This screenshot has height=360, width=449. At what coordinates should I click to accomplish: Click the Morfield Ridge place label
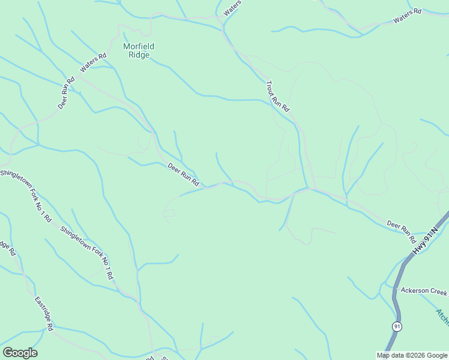[x=136, y=50]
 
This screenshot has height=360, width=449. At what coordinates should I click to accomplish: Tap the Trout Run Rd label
[x=277, y=96]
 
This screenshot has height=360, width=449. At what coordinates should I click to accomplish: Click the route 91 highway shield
[x=397, y=326]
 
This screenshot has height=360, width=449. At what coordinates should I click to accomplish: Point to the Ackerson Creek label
[x=424, y=291]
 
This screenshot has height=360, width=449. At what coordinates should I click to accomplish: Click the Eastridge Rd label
[x=44, y=313]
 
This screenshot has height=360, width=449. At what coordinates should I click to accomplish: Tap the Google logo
[x=20, y=353]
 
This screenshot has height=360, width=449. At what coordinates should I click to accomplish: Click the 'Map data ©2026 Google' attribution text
[x=412, y=355]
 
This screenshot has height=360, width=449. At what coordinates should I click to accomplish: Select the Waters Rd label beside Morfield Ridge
[x=93, y=62]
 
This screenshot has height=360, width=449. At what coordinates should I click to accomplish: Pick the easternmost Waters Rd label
[x=408, y=16]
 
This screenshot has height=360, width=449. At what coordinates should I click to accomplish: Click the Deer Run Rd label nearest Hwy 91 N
[x=402, y=228]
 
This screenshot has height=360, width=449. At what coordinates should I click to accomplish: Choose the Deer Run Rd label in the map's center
[x=183, y=174]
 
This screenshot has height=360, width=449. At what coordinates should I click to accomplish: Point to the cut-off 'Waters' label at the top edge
[x=232, y=8]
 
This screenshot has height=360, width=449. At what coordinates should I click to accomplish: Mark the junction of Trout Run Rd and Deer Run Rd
[x=308, y=188]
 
